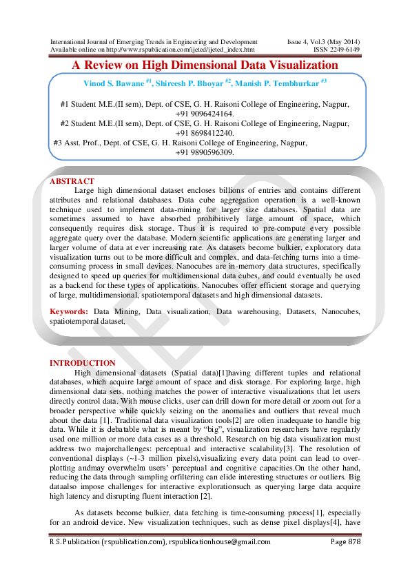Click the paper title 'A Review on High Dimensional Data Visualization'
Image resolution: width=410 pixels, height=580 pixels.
click(x=205, y=65)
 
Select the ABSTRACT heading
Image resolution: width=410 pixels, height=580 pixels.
click(x=72, y=181)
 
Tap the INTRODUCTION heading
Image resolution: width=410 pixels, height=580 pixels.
click(x=83, y=363)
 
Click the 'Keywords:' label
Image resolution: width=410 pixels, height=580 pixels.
click(x=69, y=311)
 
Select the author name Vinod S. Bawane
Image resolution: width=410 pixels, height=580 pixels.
click(x=112, y=83)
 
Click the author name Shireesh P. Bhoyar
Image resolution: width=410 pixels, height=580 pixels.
click(x=193, y=83)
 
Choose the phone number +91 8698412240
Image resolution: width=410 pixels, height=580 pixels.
click(x=205, y=133)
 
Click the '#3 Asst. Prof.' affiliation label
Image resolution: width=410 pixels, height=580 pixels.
click(x=79, y=143)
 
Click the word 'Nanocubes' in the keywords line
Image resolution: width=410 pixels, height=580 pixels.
click(x=340, y=311)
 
